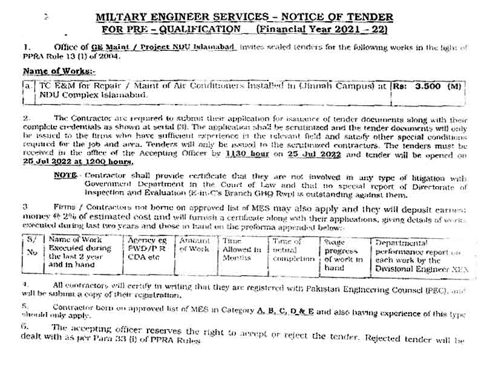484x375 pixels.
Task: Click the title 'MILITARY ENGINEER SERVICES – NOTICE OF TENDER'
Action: point(244,16)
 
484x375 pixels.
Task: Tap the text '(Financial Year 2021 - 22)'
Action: point(322,28)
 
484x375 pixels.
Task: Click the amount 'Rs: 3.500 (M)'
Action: point(427,86)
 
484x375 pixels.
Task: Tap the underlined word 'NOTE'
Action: point(64,175)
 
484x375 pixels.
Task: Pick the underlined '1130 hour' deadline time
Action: point(244,155)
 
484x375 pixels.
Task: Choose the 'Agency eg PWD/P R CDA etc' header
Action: point(148,248)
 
